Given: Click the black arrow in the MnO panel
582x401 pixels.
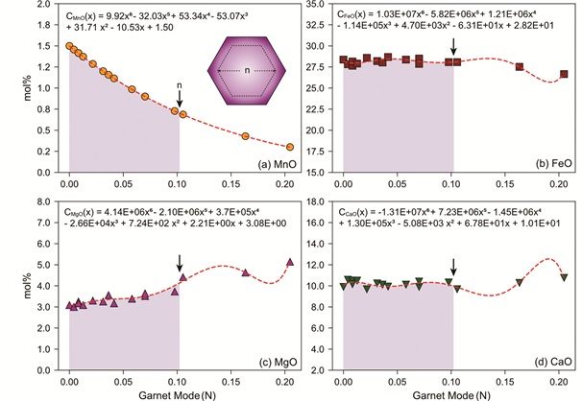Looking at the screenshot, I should (x=180, y=97).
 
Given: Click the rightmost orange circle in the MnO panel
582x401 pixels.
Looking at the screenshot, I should (x=290, y=147).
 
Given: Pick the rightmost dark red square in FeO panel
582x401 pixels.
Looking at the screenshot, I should (x=564, y=74).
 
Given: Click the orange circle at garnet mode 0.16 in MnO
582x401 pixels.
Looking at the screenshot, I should (x=245, y=136).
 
